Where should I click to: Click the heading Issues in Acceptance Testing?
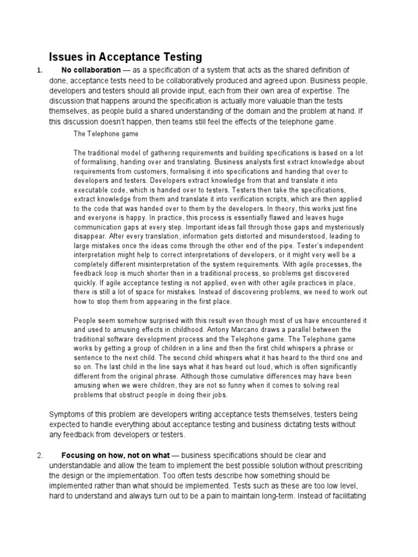[x=126, y=57]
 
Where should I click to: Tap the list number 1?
[x=38, y=71]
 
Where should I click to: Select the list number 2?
[x=40, y=455]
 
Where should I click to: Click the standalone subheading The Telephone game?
[x=106, y=133]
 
